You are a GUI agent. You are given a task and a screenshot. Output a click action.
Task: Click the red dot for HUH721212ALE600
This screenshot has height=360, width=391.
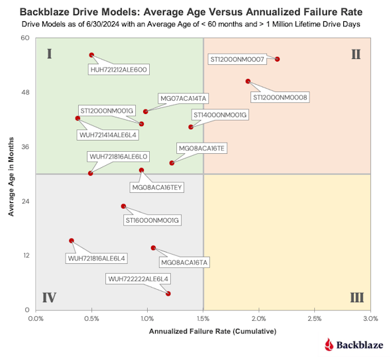click(91, 55)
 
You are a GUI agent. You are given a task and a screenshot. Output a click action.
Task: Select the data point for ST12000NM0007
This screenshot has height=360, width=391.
click(277, 59)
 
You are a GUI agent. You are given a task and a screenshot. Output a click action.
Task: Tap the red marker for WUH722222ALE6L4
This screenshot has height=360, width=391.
click(168, 294)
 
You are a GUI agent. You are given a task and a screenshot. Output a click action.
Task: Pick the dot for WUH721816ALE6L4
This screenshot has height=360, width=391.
click(72, 241)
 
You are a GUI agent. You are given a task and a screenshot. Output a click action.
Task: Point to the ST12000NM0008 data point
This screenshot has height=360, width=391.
click(248, 82)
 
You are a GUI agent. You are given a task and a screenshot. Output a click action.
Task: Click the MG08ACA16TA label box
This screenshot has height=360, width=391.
click(184, 263)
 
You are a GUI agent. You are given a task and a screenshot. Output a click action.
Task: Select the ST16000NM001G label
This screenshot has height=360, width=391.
click(152, 221)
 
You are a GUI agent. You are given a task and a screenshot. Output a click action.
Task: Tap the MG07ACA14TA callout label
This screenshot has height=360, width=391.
click(184, 99)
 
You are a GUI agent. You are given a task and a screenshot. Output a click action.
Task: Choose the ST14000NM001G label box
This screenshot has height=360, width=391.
click(220, 115)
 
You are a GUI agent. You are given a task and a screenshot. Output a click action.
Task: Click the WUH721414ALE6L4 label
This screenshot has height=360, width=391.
click(108, 135)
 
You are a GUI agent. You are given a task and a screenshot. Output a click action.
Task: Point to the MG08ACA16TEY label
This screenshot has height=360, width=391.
click(157, 188)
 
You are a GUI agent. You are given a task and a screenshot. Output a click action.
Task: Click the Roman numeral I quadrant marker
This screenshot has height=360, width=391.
click(50, 54)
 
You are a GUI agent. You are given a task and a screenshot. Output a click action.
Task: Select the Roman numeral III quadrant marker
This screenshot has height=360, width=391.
click(357, 298)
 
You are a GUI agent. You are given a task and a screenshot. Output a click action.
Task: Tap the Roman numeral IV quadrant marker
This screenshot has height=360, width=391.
click(49, 298)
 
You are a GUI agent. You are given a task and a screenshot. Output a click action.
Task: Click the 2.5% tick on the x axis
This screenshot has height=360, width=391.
click(315, 319)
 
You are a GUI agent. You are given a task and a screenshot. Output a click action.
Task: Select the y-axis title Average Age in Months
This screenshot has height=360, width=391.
click(11, 176)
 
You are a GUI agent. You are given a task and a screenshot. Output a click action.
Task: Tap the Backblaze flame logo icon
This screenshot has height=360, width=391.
click(329, 345)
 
